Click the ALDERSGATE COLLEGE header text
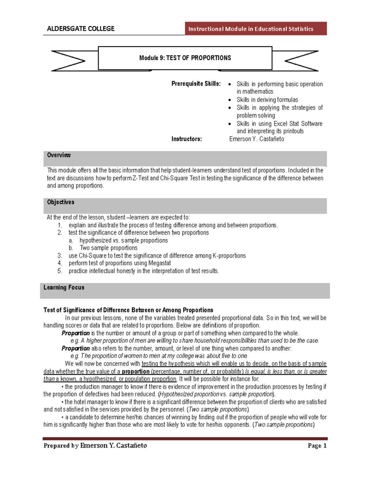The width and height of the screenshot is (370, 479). pyautogui.click(x=80, y=29)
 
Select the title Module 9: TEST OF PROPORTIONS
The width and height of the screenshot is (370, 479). pyautogui.click(x=185, y=58)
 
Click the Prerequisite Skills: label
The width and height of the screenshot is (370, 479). pyautogui.click(x=196, y=84)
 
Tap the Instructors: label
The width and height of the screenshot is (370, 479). pyautogui.click(x=187, y=139)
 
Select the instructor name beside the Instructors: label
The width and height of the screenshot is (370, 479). pyautogui.click(x=257, y=139)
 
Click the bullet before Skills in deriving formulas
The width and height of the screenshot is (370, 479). pyautogui.click(x=230, y=100)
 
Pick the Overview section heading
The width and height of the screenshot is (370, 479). pyautogui.click(x=59, y=155)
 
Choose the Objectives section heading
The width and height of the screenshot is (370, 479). pyautogui.click(x=60, y=202)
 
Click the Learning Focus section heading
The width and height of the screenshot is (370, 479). pyautogui.click(x=64, y=287)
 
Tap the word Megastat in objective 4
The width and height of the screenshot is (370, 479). pyautogui.click(x=159, y=263)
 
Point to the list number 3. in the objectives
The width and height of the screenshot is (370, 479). pyautogui.click(x=60, y=256)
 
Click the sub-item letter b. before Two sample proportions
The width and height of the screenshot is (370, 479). pyautogui.click(x=71, y=248)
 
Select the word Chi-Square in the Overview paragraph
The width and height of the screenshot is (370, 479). pyautogui.click(x=174, y=178)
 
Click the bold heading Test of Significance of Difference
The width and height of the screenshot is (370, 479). pyautogui.click(x=128, y=310)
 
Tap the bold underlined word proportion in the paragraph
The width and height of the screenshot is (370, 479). pyautogui.click(x=136, y=371)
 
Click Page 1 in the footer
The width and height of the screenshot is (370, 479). pyautogui.click(x=317, y=446)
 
